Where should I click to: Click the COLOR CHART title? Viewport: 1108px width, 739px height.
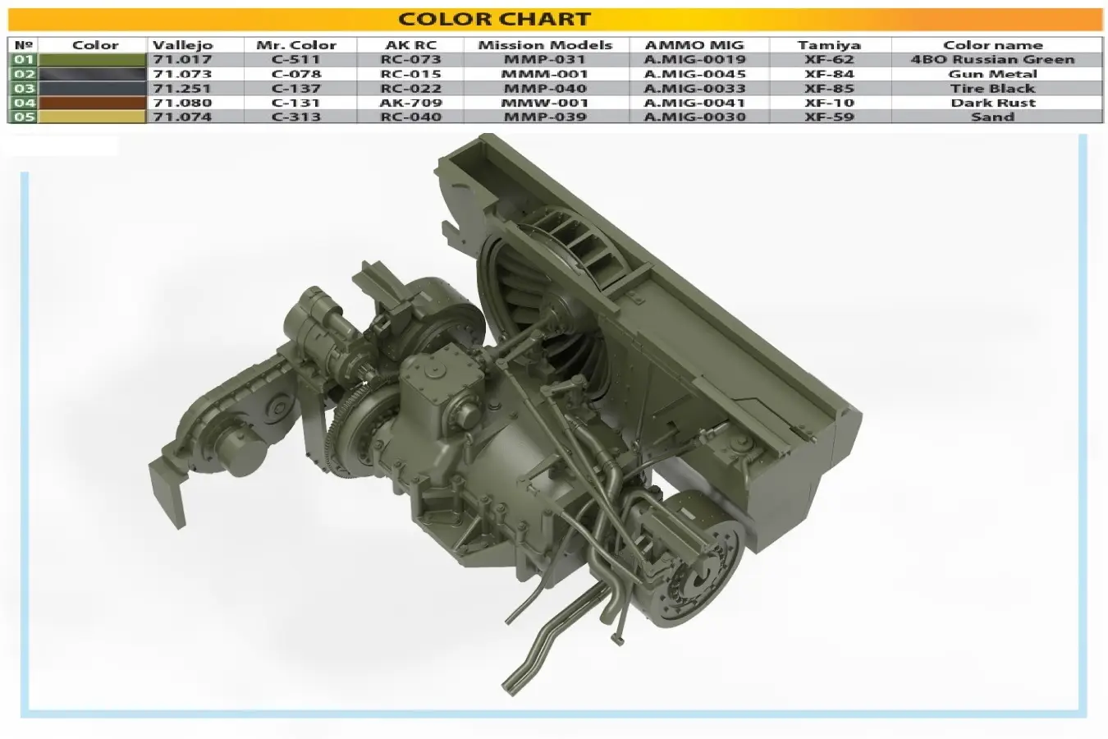click(494, 20)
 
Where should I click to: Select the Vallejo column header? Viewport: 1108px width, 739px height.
click(182, 45)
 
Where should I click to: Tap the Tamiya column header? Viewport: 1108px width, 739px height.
click(829, 45)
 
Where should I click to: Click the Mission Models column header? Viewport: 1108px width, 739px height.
click(545, 45)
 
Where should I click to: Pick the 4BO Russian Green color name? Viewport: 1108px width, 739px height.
click(993, 59)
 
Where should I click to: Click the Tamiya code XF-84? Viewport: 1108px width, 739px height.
click(829, 74)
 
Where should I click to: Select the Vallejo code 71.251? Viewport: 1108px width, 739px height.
click(182, 88)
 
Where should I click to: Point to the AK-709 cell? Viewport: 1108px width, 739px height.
click(410, 103)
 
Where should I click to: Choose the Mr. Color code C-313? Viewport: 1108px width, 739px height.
click(296, 117)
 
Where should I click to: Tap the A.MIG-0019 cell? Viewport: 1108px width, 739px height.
click(694, 59)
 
